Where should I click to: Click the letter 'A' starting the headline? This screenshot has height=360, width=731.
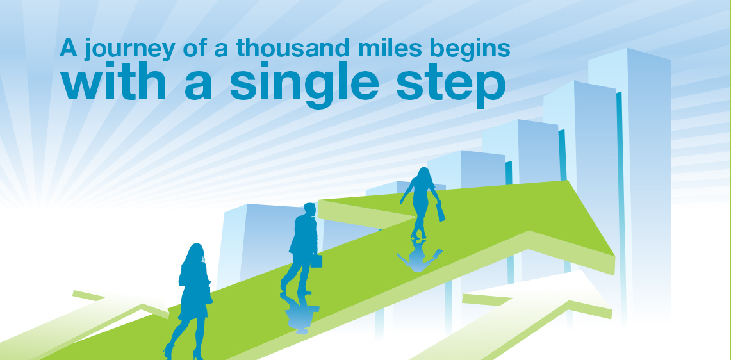[68, 48]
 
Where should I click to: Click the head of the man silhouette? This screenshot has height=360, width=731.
[309, 211]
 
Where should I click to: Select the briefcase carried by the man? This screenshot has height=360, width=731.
[316, 261]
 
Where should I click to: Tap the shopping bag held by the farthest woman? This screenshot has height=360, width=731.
[440, 213]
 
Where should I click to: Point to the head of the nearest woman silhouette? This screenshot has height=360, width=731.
[196, 253]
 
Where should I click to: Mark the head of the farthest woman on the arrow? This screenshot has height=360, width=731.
[423, 174]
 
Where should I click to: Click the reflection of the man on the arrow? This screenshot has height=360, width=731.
[299, 313]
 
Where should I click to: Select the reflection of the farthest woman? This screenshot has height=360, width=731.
[418, 254]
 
